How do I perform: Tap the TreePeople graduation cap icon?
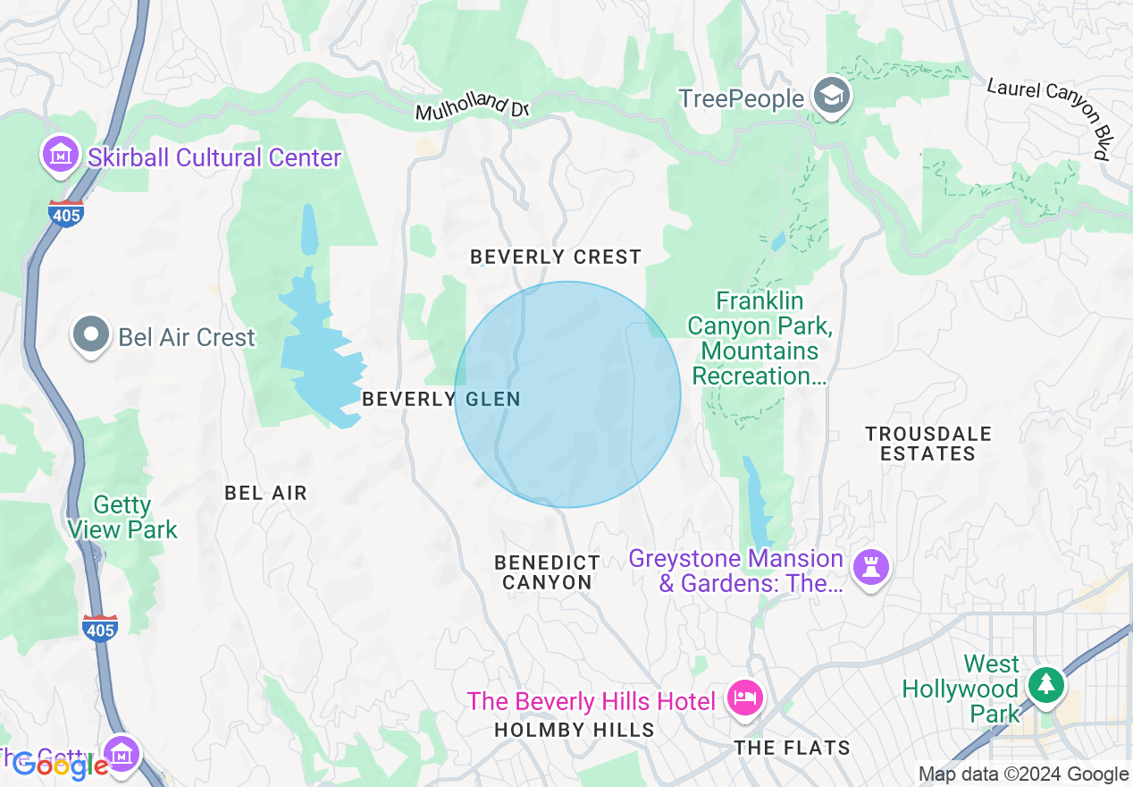[831, 97]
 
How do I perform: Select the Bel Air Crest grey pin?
[90, 336]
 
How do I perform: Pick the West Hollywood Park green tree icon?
[1045, 686]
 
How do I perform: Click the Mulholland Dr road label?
[473, 108]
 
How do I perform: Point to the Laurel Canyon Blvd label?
[1053, 117]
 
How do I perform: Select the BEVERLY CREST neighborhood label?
[556, 258]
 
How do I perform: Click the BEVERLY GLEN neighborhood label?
[441, 399]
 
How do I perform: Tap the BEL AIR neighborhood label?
[265, 493]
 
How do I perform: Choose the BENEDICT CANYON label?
[548, 572]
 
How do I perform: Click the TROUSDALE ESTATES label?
[927, 444]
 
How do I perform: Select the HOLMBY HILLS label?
[575, 730]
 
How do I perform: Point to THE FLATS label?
[792, 747]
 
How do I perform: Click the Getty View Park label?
[122, 518]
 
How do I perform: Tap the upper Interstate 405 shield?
[66, 215]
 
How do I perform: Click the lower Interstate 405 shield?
[99, 629]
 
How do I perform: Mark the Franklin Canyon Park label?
[759, 338]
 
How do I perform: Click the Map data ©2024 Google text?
[1023, 774]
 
